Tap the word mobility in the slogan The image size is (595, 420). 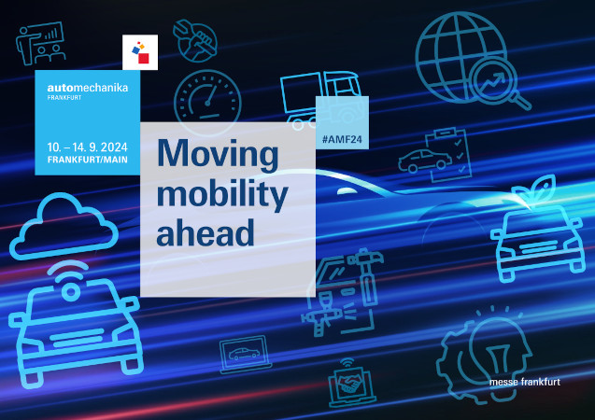coord(222,194)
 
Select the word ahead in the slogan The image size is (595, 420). coord(205,232)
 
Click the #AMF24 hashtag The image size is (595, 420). coord(342,139)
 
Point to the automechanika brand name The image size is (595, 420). coord(88,88)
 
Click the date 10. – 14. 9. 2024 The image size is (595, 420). coord(87,147)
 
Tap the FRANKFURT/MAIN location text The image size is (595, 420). coord(87,160)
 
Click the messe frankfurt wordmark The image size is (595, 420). coord(525,382)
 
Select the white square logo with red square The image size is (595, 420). coord(140,52)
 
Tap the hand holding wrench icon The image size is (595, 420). coord(195,41)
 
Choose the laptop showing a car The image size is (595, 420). coord(245,355)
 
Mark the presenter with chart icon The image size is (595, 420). coord(40,43)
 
